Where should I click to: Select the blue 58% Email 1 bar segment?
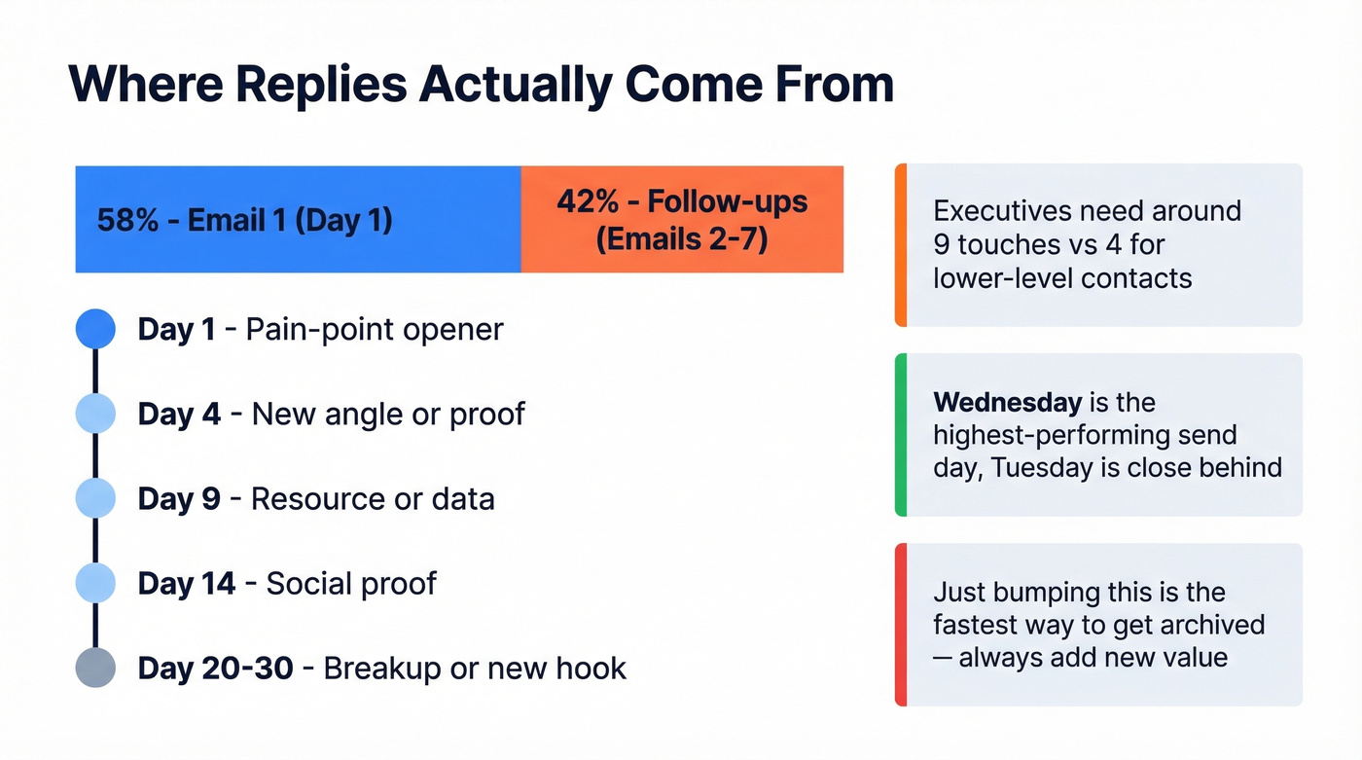pyautogui.click(x=298, y=220)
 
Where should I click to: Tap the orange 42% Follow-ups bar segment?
pyautogui.click(x=682, y=220)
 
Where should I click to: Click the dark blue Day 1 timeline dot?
pyautogui.click(x=95, y=329)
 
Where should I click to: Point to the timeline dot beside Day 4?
pyautogui.click(x=95, y=414)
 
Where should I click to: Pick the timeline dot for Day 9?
pyautogui.click(x=95, y=498)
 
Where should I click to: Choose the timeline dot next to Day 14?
pyautogui.click(x=95, y=583)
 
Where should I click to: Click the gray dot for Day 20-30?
pyautogui.click(x=95, y=668)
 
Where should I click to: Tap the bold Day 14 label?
pyautogui.click(x=187, y=583)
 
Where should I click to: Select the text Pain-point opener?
pyautogui.click(x=375, y=329)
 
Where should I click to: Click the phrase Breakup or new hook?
pyautogui.click(x=475, y=669)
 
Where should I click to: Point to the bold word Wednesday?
pyautogui.click(x=1007, y=402)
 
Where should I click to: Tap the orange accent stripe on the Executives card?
pyautogui.click(x=901, y=245)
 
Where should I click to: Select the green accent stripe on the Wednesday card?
pyautogui.click(x=901, y=434)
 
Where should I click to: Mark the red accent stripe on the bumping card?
pyautogui.click(x=901, y=624)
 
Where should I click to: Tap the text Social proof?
pyautogui.click(x=351, y=583)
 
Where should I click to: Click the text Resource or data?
pyautogui.click(x=373, y=498)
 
